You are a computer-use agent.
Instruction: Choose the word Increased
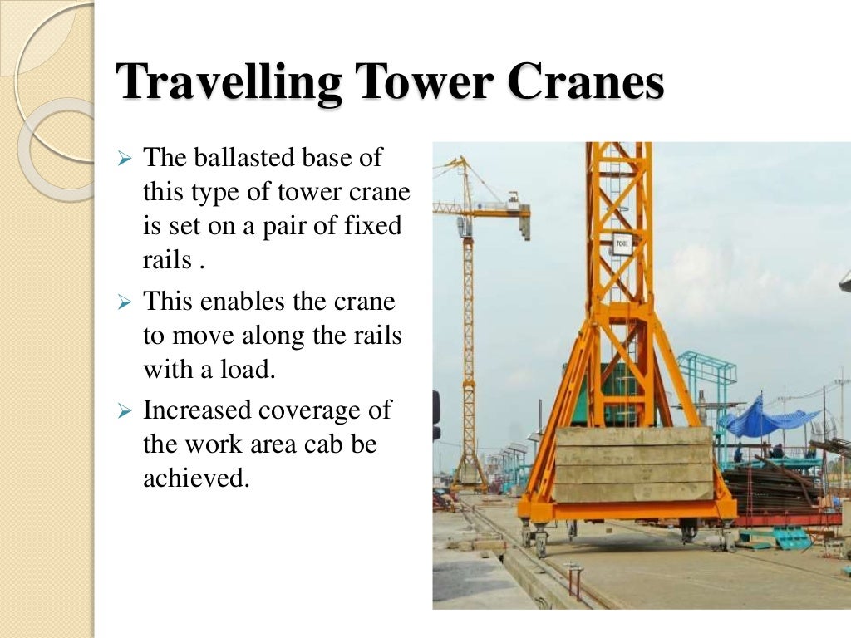(196, 410)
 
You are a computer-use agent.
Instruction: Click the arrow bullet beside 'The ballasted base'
(125, 158)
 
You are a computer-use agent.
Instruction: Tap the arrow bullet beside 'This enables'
(125, 302)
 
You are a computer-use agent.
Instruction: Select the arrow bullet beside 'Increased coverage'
(125, 411)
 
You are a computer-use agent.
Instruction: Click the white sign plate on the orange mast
(621, 243)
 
